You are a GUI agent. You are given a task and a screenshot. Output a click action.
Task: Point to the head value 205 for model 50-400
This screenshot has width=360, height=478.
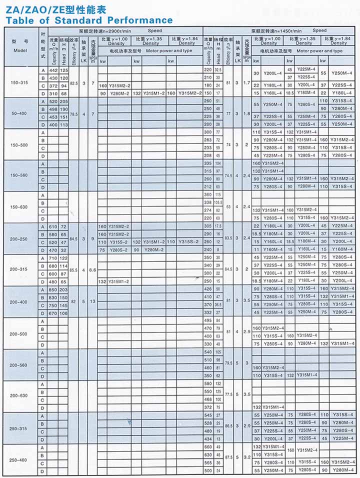pyautogui.click(x=64, y=101)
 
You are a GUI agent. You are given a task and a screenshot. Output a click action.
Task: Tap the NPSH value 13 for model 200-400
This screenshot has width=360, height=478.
pyautogui.click(x=92, y=301)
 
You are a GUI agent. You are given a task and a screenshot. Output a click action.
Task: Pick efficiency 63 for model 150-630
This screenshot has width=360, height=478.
pyautogui.click(x=228, y=206)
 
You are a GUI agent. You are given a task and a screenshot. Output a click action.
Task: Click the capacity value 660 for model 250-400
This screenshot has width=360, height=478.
pyautogui.click(x=208, y=446)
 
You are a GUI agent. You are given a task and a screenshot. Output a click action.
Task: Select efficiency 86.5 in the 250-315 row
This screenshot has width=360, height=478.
pyautogui.click(x=228, y=427)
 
